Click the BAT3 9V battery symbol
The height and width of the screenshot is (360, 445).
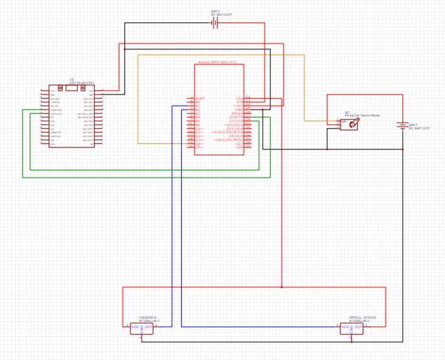tap(214, 23)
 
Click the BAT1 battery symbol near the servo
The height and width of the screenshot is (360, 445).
tap(402, 125)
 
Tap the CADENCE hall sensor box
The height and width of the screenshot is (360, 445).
tap(141, 329)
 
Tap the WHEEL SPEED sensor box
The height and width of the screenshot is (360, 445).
tap(351, 329)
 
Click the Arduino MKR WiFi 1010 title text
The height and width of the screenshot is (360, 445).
tap(217, 62)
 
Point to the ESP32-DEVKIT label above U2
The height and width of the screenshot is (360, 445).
tap(82, 83)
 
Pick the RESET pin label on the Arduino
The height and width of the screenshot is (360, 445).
tap(237, 113)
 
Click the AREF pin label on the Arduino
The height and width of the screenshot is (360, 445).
tap(200, 98)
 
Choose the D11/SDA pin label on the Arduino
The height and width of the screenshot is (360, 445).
tap(235, 128)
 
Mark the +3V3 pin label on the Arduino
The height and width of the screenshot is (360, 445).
tap(238, 106)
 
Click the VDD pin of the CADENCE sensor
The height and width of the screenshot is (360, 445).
tap(135, 327)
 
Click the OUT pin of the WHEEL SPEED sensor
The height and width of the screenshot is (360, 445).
tap(358, 327)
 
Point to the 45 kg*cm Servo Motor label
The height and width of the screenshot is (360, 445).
tap(362, 116)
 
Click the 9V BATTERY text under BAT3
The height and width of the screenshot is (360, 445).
tap(221, 14)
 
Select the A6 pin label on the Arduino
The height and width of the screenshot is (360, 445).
tap(197, 124)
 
